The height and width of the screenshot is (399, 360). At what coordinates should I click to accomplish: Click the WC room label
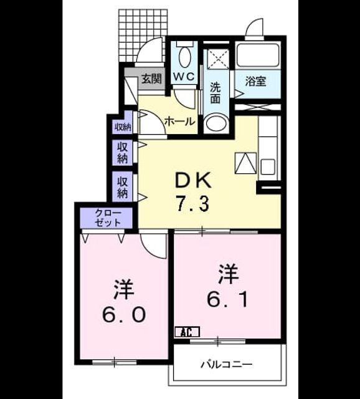pyautogui.click(x=184, y=76)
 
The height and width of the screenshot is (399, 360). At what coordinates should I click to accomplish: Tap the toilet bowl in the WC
pyautogui.click(x=185, y=57)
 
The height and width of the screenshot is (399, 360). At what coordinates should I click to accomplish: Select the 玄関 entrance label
pyautogui.click(x=151, y=79)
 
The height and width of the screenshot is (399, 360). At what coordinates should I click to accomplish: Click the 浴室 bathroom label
pyautogui.click(x=255, y=82)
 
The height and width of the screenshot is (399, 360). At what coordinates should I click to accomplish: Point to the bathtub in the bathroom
pyautogui.click(x=258, y=55)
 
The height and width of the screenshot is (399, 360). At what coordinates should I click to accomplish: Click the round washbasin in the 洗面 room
pyautogui.click(x=217, y=123)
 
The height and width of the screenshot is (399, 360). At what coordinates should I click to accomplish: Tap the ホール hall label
pyautogui.click(x=180, y=122)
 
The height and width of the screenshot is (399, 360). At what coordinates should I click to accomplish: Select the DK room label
pyautogui.click(x=193, y=180)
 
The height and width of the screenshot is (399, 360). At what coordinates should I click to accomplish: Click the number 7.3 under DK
pyautogui.click(x=193, y=204)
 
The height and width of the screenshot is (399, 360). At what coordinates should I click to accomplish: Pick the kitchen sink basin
pyautogui.click(x=268, y=166)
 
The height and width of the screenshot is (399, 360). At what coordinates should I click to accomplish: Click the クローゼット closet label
pyautogui.click(x=108, y=218)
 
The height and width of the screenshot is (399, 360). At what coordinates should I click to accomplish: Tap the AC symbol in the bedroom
pyautogui.click(x=187, y=332)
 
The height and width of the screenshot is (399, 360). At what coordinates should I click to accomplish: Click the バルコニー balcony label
pyautogui.click(x=227, y=364)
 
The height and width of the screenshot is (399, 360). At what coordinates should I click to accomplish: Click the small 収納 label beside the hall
pyautogui.click(x=123, y=127)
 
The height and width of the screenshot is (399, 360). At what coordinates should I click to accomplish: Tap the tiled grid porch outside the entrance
pyautogui.click(x=143, y=35)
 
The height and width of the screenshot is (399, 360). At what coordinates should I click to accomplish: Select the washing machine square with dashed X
pyautogui.click(x=219, y=59)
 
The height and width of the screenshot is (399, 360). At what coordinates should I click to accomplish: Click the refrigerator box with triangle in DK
pyautogui.click(x=245, y=163)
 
